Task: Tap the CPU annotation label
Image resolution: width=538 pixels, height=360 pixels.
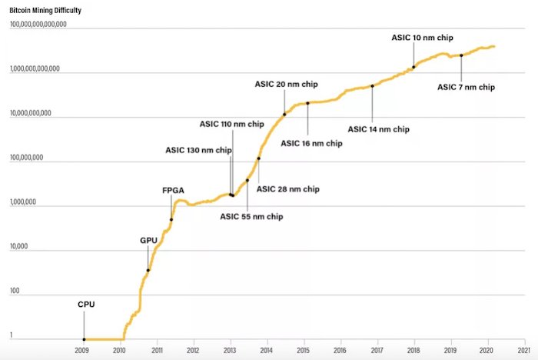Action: pyautogui.click(x=86, y=304)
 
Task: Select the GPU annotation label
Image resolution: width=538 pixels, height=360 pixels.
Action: pyautogui.click(x=148, y=241)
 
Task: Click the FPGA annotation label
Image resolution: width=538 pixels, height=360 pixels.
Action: pyautogui.click(x=173, y=188)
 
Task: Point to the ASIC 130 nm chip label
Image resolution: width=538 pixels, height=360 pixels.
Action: pyautogui.click(x=198, y=150)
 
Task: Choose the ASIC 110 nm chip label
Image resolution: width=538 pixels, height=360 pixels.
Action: pyautogui.click(x=231, y=123)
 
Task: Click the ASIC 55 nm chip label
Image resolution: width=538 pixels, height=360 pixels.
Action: pyautogui.click(x=251, y=217)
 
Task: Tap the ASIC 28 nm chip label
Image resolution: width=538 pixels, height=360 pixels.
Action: pyautogui.click(x=287, y=189)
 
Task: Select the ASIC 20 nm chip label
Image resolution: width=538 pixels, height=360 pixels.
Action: pyautogui.click(x=286, y=84)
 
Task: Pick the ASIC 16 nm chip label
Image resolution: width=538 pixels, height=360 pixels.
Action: pyautogui.click(x=311, y=143)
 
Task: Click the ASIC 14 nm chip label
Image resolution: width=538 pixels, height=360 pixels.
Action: pyautogui.click(x=379, y=129)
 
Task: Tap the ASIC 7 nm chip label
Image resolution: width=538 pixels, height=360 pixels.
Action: pyautogui.click(x=467, y=87)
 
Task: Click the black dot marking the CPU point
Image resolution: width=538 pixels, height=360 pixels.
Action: pyautogui.click(x=84, y=339)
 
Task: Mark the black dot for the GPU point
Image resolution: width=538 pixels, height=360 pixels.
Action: pyautogui.click(x=148, y=270)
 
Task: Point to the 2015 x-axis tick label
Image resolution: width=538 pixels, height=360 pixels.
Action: pyautogui.click(x=304, y=350)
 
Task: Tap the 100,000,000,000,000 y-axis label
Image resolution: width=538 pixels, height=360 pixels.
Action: pyautogui.click(x=38, y=25)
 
